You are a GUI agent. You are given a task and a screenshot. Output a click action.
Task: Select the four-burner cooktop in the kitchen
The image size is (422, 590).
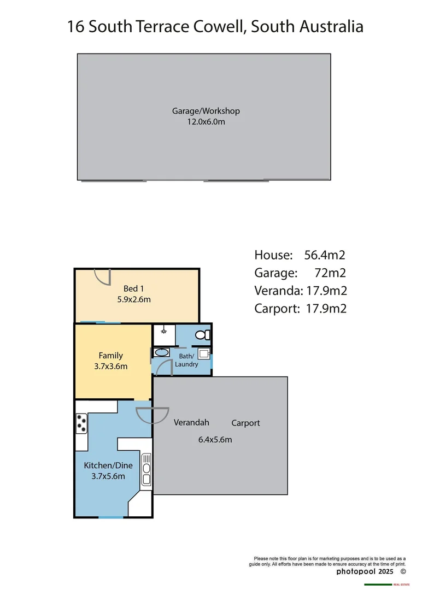coord(82,423)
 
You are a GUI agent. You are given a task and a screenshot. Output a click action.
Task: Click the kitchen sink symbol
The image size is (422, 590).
coord(146,470)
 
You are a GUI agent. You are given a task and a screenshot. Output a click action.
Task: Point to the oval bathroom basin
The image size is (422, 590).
coord(161,353)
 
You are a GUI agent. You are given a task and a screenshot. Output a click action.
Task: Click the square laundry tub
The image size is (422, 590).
coord(203,354)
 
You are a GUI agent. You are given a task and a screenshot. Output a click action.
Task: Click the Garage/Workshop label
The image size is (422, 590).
coord(206,111)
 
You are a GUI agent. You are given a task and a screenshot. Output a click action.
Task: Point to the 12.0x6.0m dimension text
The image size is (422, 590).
coord(206,122)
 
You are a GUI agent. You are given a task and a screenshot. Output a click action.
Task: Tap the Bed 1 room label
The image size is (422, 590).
coord(134,288)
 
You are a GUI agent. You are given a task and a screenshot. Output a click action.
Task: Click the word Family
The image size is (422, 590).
coord(110,355)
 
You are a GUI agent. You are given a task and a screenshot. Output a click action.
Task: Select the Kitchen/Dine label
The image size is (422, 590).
coord(104,465)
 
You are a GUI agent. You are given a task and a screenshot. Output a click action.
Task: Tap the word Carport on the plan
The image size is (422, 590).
coord(245,423)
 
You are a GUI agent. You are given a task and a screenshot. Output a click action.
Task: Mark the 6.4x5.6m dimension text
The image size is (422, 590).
coord(214,439)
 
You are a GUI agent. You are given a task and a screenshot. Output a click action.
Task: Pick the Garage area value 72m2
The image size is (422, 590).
coord(331,273)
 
